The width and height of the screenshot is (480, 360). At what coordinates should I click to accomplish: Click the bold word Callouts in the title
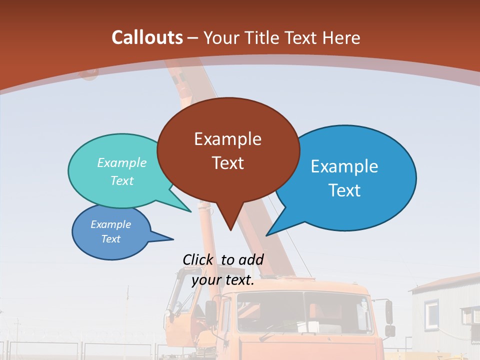tap(147, 37)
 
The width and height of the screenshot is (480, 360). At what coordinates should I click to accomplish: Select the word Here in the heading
tap(342, 37)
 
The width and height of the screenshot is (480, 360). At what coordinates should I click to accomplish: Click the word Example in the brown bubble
tap(227, 139)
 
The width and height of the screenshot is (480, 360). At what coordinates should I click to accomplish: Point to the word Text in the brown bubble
tap(227, 163)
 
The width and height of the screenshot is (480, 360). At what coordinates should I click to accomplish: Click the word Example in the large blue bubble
tap(344, 166)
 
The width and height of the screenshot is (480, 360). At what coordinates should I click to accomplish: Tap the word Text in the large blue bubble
tap(344, 190)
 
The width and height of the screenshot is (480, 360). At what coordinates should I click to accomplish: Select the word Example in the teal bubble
tap(121, 163)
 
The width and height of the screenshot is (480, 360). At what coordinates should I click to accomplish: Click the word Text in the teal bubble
tap(121, 180)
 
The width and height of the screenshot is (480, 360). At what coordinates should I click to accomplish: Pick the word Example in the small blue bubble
tap(110, 224)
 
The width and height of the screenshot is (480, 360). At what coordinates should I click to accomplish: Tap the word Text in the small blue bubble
tap(110, 239)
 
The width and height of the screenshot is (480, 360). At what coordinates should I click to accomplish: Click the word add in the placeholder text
tap(250, 259)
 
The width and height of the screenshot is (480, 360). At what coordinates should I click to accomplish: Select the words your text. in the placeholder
tap(222, 280)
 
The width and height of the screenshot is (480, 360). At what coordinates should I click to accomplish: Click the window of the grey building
tap(431, 313)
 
